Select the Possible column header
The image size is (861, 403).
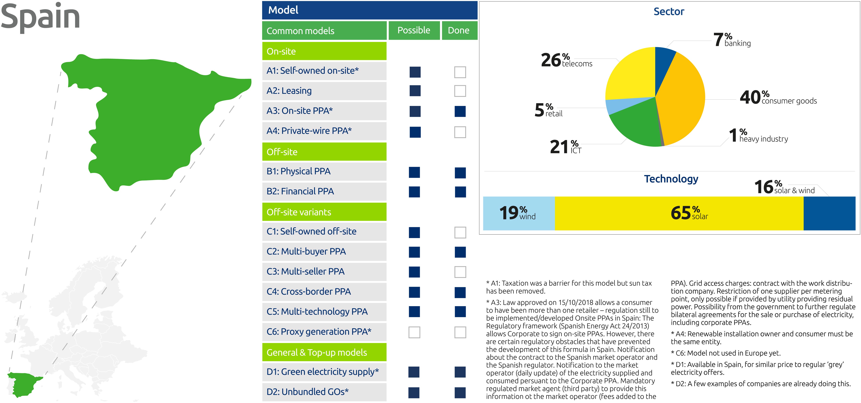click(x=414, y=30)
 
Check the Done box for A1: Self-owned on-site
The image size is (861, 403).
click(x=460, y=72)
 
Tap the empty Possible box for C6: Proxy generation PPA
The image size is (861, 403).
click(x=414, y=332)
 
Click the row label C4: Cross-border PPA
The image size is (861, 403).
click(x=309, y=292)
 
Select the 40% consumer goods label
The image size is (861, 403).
click(x=778, y=98)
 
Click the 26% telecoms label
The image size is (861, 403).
click(x=567, y=60)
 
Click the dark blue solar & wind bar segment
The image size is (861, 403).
click(x=829, y=213)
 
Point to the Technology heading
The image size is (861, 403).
click(x=671, y=179)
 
